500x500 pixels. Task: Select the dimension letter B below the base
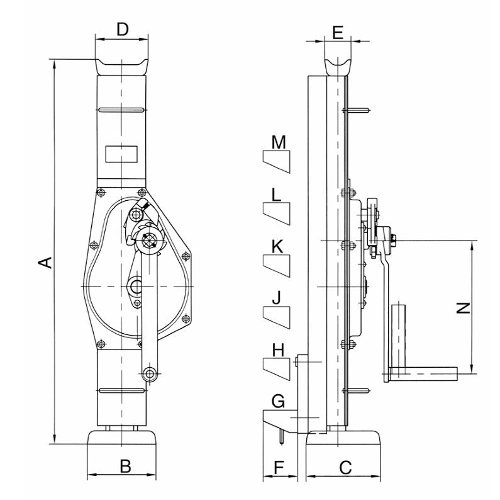click(125, 467)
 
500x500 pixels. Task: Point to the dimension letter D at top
click(123, 28)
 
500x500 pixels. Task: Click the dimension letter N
click(462, 307)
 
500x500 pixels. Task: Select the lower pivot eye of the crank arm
click(149, 374)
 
